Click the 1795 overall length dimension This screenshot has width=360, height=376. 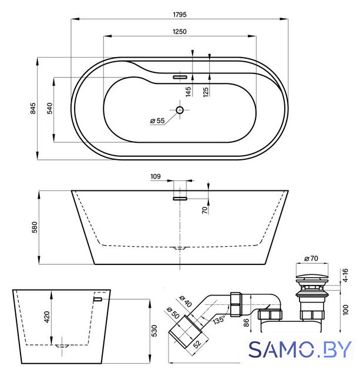[x=180, y=15]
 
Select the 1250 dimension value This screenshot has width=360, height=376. [x=180, y=31]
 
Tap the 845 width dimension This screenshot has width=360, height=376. [x=33, y=108]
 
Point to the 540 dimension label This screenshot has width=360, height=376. [x=49, y=108]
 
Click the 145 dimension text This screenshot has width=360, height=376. [x=189, y=92]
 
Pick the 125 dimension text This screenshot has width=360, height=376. [x=206, y=92]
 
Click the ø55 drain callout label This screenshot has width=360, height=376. [x=157, y=120]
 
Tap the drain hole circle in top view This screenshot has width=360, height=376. [x=180, y=110]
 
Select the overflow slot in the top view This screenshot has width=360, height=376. [x=180, y=77]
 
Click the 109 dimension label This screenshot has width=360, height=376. [x=155, y=176]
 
